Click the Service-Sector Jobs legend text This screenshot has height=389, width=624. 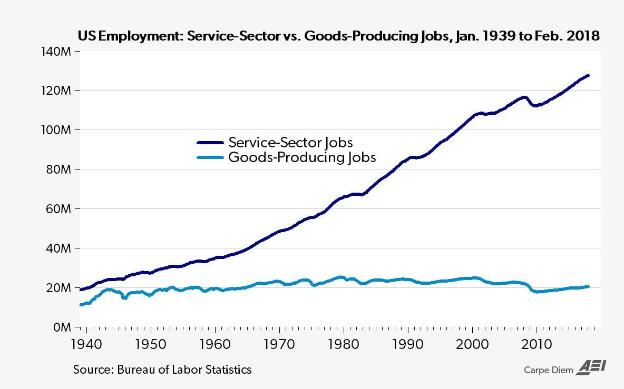(x=290, y=142)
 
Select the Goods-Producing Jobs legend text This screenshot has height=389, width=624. (x=302, y=157)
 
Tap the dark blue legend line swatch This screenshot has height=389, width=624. (x=210, y=143)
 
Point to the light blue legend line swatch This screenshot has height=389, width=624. (x=210, y=157)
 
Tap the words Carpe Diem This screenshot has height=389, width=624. (x=547, y=370)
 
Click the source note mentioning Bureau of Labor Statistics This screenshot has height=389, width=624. (x=162, y=370)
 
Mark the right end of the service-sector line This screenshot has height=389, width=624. (x=588, y=75)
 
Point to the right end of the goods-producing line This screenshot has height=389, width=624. (x=588, y=286)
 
